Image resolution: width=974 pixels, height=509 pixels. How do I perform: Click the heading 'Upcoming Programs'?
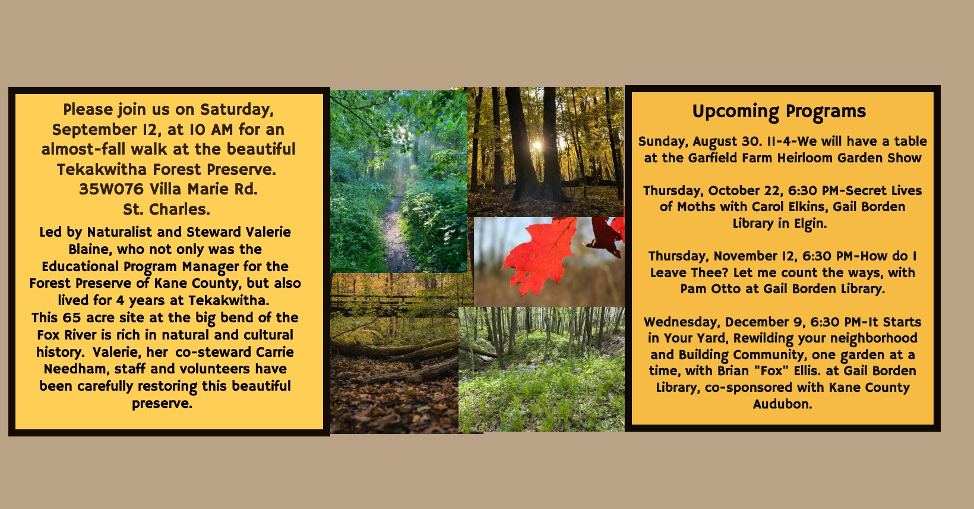pos(779,111)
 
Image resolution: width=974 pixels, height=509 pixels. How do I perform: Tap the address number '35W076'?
pos(111,189)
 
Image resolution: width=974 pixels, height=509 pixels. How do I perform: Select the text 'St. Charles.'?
pos(166,209)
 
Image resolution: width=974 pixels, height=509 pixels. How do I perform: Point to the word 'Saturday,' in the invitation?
pos(237,110)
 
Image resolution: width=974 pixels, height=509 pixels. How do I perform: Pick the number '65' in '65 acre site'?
pos(72,318)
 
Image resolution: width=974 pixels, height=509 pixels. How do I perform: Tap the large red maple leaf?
pos(540,256)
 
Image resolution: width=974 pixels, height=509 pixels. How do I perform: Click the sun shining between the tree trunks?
pos(537,145)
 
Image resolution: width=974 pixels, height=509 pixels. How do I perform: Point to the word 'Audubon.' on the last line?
pos(782,404)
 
